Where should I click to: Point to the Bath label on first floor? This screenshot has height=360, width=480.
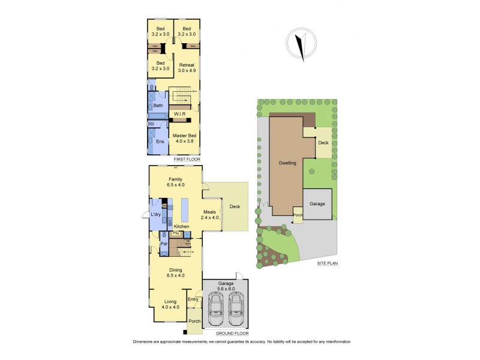click(x=158, y=106)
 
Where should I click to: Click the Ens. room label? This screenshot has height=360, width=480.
click(x=160, y=142)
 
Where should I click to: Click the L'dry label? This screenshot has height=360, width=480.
click(x=156, y=214)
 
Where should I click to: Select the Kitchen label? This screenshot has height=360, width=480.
click(x=182, y=226)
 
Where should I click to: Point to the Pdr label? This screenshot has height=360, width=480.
click(x=163, y=244)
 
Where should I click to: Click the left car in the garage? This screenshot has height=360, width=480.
click(x=215, y=307)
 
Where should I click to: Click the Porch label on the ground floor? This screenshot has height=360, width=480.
click(x=194, y=322)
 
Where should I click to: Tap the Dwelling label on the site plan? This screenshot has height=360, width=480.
click(x=287, y=163)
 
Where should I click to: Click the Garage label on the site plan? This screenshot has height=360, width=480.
click(x=317, y=204)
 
